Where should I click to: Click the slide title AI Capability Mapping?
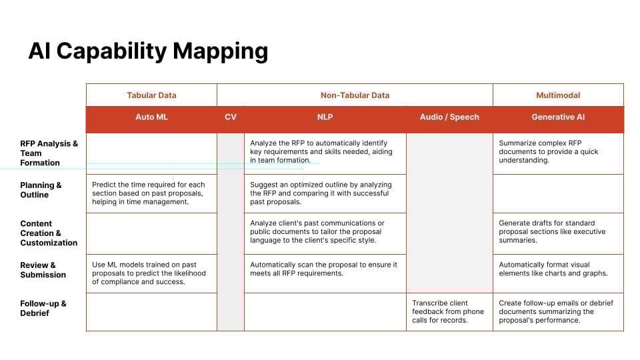click(x=148, y=52)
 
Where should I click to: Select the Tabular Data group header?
click(x=151, y=95)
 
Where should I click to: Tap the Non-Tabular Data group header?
click(x=355, y=95)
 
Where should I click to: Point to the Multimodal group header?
click(x=558, y=95)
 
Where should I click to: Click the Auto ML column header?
click(x=151, y=117)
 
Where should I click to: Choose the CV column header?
click(x=231, y=117)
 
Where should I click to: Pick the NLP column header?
click(x=325, y=117)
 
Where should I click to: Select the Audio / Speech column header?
click(x=449, y=117)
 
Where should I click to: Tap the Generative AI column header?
click(x=558, y=117)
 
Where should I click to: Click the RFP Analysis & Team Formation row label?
click(x=49, y=153)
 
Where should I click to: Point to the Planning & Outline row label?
click(x=41, y=190)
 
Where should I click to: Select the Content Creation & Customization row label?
click(x=49, y=233)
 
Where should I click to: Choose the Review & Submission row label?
click(x=43, y=270)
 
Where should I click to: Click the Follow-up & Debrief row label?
click(x=43, y=308)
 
